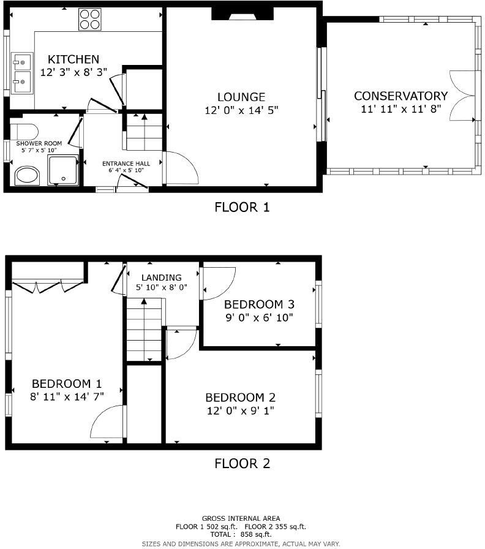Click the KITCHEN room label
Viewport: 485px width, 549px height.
tap(73, 59)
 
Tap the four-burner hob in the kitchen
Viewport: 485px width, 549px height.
tap(89, 19)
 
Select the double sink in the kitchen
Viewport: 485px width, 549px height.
tap(22, 73)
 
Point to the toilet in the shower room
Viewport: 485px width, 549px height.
tap(24, 131)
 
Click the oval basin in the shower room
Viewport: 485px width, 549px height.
tap(26, 175)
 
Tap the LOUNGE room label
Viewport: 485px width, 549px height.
tap(241, 97)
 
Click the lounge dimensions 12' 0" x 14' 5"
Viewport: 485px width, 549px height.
tap(242, 111)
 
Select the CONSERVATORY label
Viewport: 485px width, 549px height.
tap(400, 96)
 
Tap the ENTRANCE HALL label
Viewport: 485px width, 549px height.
tap(126, 164)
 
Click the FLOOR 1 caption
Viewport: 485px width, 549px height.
tap(242, 207)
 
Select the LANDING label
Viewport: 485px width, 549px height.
tap(162, 277)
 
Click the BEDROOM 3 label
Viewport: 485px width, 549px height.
tap(259, 305)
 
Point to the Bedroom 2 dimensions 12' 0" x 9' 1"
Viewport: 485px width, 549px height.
tap(240, 411)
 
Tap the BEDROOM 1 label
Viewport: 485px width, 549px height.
tap(67, 384)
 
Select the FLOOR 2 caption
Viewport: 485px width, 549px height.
tap(242, 464)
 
